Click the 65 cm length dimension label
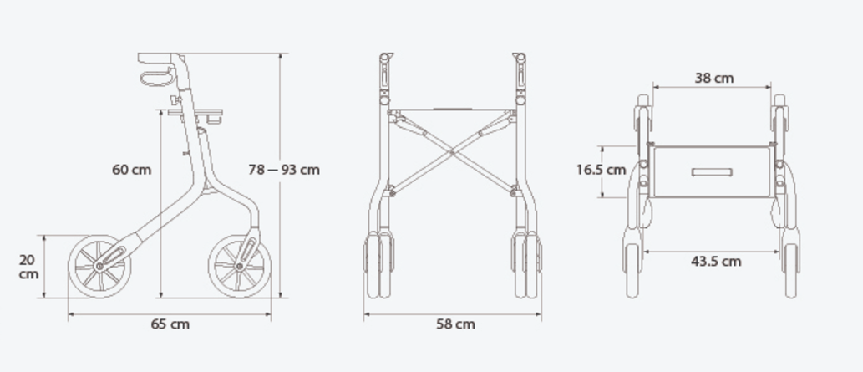(x=170, y=324)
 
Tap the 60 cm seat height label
(x=131, y=170)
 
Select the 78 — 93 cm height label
(x=284, y=170)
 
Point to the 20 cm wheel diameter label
(x=28, y=266)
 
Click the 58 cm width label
(x=455, y=324)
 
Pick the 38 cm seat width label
(x=714, y=79)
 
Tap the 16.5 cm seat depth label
(x=602, y=170)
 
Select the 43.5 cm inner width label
(x=716, y=261)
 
